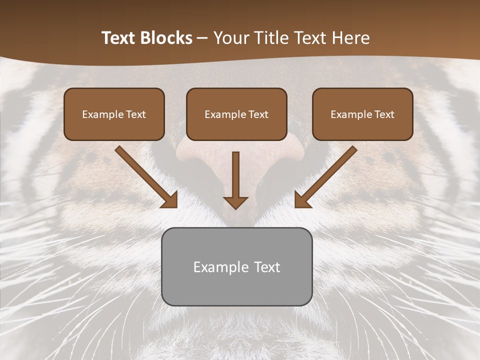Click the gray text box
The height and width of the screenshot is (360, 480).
point(236,287)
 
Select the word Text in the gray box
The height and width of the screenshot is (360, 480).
point(267,267)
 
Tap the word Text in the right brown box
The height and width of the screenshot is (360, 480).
point(384,114)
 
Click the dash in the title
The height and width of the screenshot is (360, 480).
point(202,38)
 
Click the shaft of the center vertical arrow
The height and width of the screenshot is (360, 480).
point(235,172)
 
